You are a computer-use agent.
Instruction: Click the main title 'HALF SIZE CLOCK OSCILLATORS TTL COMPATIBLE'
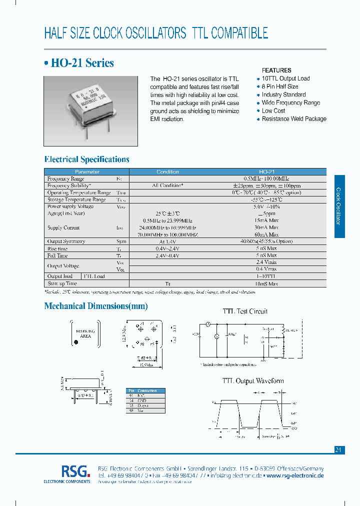click(156, 33)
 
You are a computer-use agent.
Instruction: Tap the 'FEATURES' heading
click(276, 70)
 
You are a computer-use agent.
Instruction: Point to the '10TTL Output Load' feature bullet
click(285, 78)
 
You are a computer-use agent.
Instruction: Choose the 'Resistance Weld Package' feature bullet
click(294, 119)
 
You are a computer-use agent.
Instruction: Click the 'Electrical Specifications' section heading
click(87, 159)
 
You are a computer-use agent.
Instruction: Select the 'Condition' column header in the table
click(167, 171)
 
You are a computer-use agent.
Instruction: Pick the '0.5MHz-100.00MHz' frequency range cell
click(266, 178)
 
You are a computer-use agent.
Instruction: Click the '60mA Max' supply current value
click(266, 234)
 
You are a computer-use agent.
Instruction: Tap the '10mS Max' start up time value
click(266, 283)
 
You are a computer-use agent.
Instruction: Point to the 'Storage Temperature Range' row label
click(76, 199)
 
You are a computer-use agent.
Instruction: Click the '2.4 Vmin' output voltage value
click(266, 262)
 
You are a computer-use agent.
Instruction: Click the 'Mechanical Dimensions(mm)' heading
click(96, 306)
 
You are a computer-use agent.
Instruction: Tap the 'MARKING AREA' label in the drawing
click(85, 333)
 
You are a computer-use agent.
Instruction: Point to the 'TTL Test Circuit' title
click(245, 311)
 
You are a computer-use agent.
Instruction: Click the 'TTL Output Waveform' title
click(252, 381)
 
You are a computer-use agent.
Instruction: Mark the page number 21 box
click(338, 450)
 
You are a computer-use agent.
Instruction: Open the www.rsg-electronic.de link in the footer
click(295, 475)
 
